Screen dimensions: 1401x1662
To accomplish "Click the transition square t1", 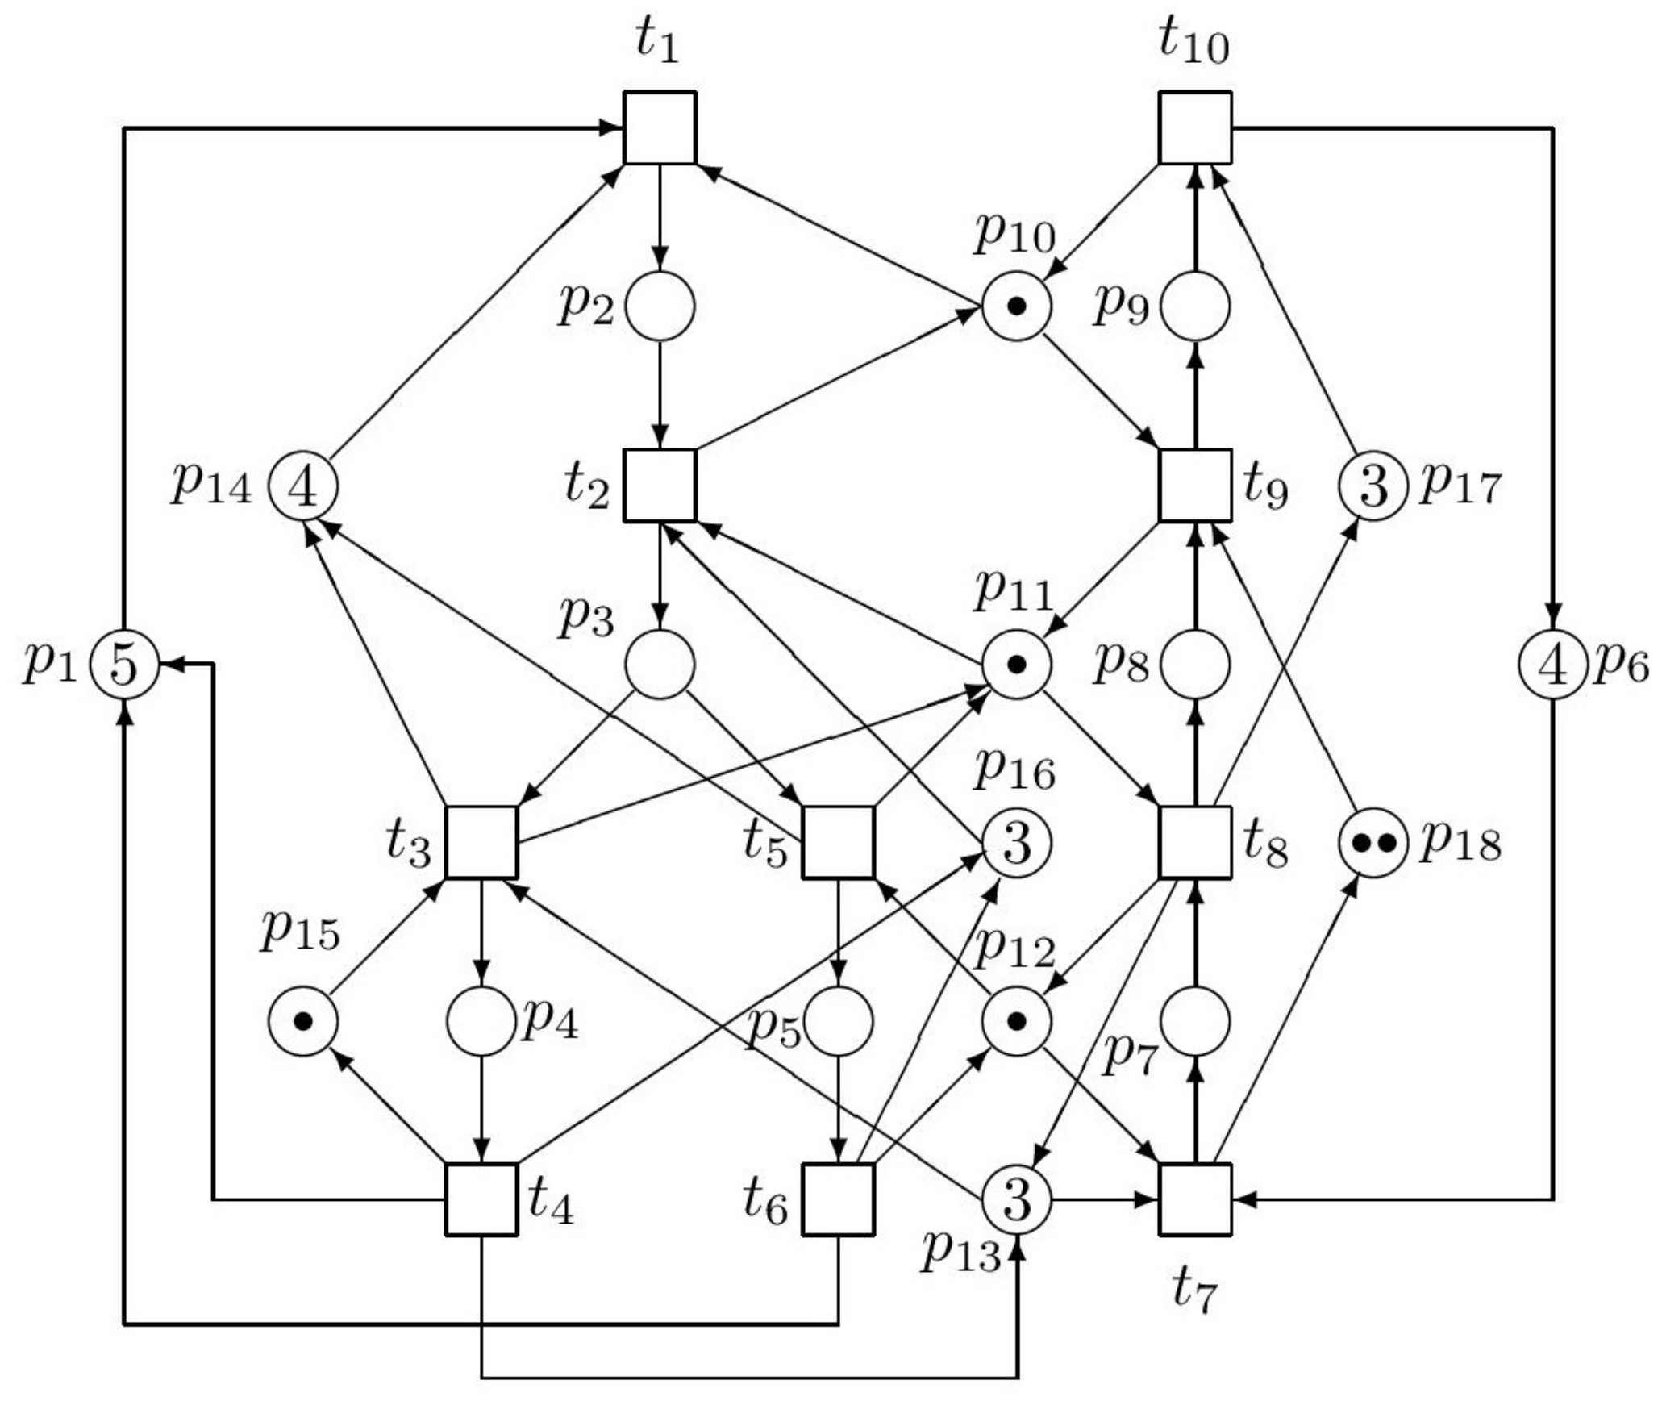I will coord(660,127).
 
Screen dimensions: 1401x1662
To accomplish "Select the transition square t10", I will coord(1194,127).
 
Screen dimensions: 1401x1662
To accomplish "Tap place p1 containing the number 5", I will coord(123,665).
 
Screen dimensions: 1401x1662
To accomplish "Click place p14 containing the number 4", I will coord(302,486).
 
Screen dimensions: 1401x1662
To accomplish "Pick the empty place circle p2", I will coord(660,306).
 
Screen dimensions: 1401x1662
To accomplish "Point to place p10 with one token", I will coord(1016,306).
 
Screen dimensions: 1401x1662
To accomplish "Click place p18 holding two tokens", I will coord(1373,843).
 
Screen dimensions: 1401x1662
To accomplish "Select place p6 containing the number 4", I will coord(1552,665).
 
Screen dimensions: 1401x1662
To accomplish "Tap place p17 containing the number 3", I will coord(1373,486).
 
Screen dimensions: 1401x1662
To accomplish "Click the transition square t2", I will coord(660,486).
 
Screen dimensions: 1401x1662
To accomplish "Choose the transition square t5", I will coord(838,842).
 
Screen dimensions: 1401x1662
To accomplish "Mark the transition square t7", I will coord(1194,1199).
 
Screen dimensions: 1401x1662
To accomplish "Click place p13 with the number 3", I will coord(1016,1199).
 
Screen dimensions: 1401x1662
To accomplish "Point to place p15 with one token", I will coord(302,1021).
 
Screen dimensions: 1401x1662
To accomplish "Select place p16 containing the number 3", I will coord(1016,843).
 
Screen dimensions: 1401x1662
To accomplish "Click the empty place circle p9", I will coord(1194,306).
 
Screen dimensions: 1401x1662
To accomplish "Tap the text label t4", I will coord(551,1205).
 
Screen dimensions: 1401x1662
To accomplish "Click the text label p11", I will coord(1014,591).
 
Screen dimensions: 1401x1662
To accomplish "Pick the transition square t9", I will coord(1194,486).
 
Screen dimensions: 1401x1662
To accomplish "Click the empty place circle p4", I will coord(481,1021).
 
